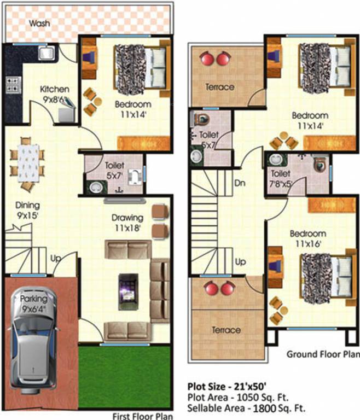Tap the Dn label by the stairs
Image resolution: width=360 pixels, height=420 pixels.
[x=239, y=183]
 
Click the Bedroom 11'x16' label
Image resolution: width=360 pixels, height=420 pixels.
[x=309, y=238]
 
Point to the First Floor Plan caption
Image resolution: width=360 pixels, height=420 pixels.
[x=142, y=416]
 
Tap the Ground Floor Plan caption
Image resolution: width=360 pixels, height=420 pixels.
[x=323, y=354]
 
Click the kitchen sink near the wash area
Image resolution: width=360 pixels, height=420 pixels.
[x=45, y=52]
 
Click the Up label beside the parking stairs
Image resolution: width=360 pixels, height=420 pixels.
[x=56, y=258]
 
